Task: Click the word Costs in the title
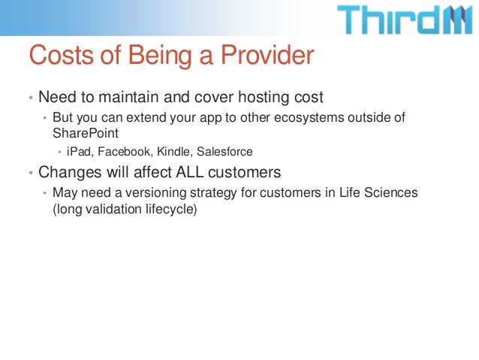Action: [61, 55]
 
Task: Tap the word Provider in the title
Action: [267, 55]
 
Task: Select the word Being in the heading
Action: [160, 56]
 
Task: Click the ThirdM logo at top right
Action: [405, 20]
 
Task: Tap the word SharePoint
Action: [86, 133]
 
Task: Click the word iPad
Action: [79, 151]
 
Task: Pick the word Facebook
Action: [124, 151]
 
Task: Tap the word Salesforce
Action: [224, 151]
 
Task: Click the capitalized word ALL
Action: [190, 172]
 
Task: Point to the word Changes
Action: [70, 173]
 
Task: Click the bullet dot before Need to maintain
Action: [31, 98]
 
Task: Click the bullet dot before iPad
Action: [60, 151]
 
